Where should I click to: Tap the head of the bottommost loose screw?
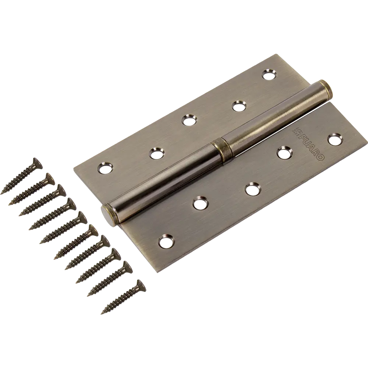point(139,284)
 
